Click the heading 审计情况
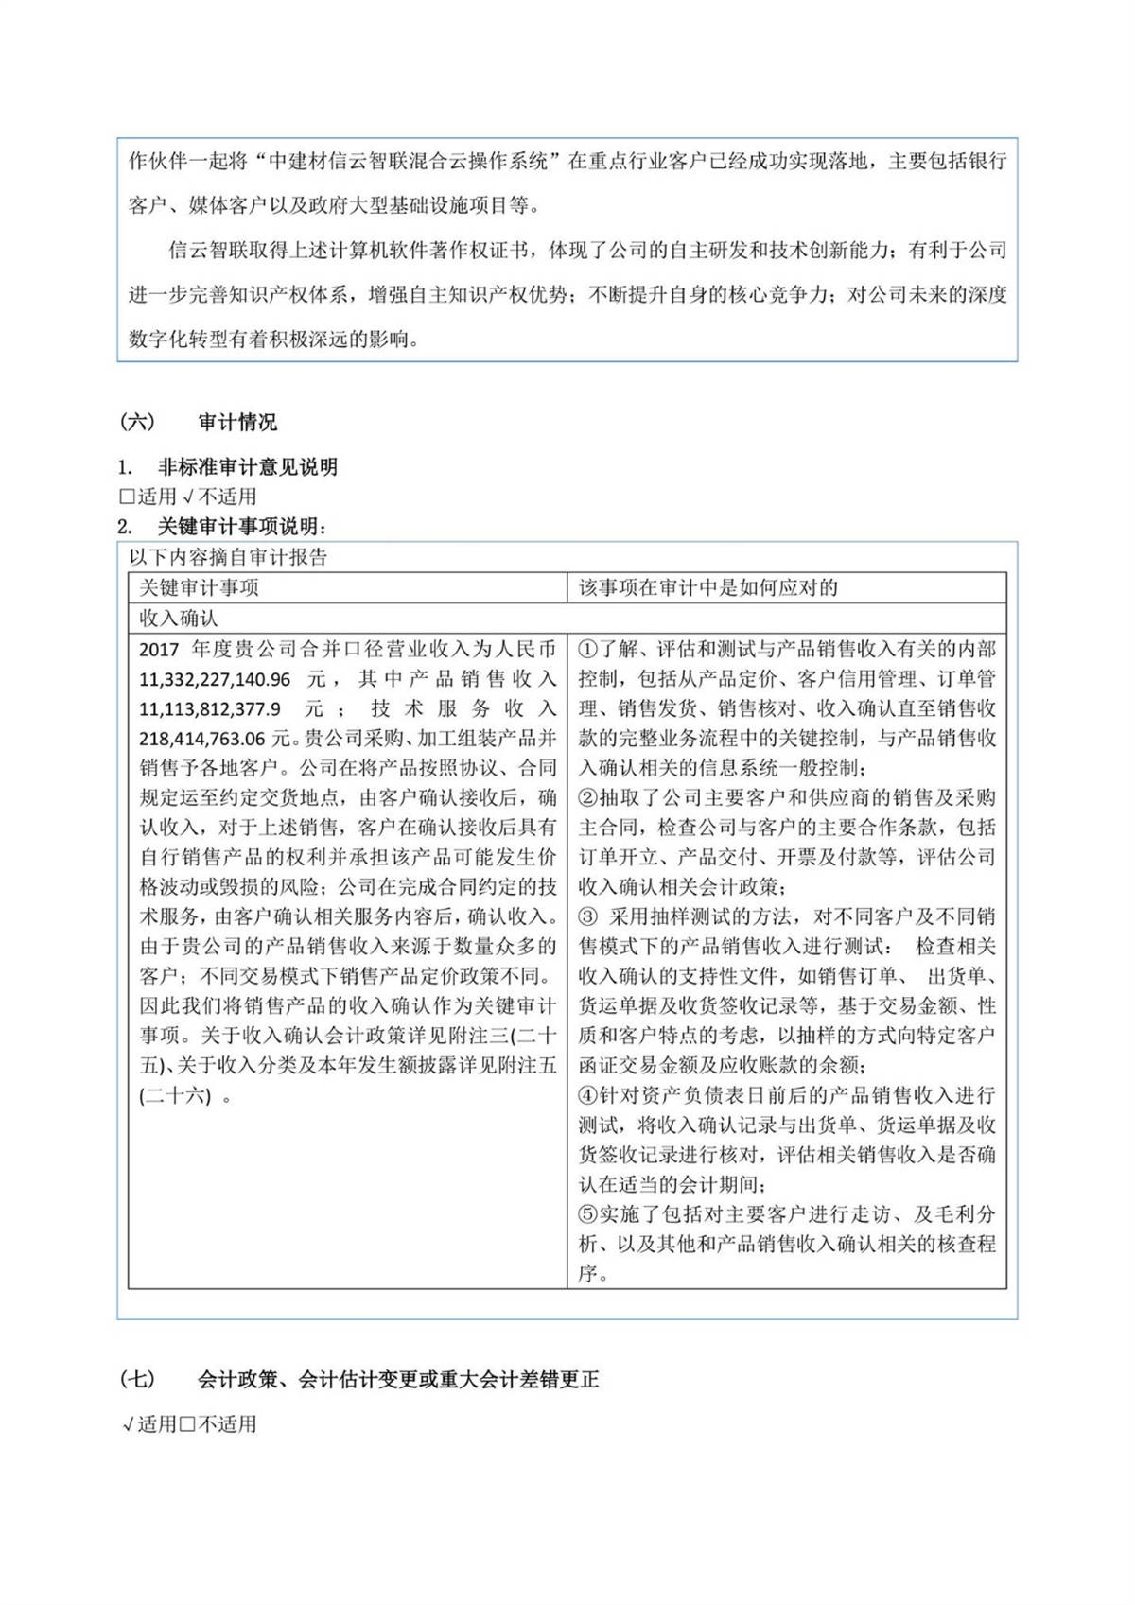point(237,422)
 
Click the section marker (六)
point(137,422)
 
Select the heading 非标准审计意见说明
point(247,467)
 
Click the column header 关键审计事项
point(199,587)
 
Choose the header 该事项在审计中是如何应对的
point(708,587)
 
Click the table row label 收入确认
point(179,618)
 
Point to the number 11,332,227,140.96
point(215,679)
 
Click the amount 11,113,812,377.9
point(209,708)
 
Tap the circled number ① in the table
point(588,650)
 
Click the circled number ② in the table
point(588,798)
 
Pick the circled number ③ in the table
point(588,917)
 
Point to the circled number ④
point(588,1095)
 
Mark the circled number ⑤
point(588,1214)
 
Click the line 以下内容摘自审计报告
point(228,557)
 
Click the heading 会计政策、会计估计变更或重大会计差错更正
point(398,1380)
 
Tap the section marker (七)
point(137,1380)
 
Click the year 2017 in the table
point(159,650)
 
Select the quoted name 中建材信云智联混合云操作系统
point(409,161)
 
